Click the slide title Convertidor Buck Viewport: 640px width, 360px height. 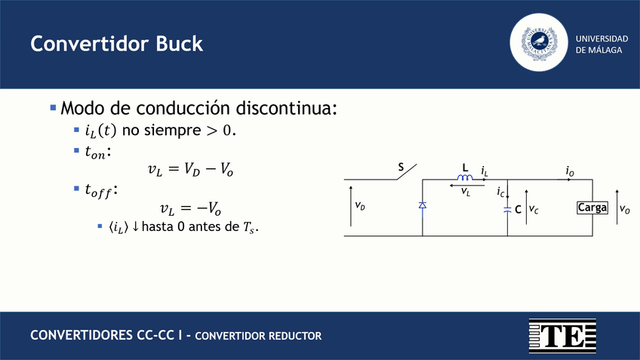(x=117, y=44)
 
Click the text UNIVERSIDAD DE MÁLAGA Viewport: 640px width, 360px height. (x=602, y=44)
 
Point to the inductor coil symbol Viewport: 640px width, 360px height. (x=465, y=177)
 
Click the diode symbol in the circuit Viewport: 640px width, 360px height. (x=422, y=205)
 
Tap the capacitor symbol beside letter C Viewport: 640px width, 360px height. (x=507, y=209)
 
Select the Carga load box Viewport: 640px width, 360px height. (x=592, y=208)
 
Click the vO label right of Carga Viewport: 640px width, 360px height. (x=625, y=209)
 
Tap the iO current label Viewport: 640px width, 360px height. (x=570, y=173)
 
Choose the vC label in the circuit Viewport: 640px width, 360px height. (x=533, y=209)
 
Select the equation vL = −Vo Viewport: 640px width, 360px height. (x=189, y=208)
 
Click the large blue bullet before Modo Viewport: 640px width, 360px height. (x=54, y=109)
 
